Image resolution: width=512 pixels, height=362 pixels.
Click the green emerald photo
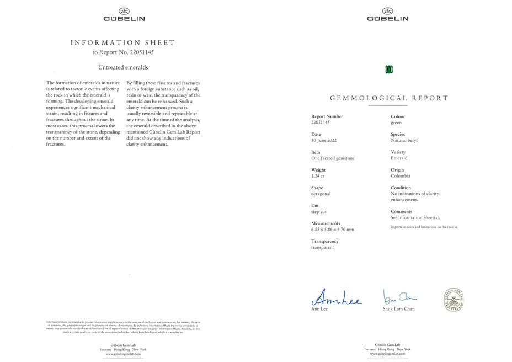[x=389, y=69]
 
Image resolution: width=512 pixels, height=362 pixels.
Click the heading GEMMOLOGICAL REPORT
[x=389, y=98]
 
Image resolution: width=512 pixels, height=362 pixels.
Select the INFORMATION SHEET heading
[x=122, y=42]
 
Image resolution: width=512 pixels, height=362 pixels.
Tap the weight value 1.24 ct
[x=318, y=176]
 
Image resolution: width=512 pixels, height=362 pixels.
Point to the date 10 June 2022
[x=324, y=140]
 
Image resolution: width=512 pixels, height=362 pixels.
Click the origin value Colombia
[x=401, y=176]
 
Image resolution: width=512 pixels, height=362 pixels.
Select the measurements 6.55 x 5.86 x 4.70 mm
[x=333, y=230]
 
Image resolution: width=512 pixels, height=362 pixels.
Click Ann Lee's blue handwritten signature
[x=337, y=299]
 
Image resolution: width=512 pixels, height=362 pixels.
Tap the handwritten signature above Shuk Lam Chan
[x=400, y=297]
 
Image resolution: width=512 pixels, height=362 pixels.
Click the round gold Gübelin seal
[x=454, y=300]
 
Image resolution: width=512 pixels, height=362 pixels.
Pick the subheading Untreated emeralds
[x=123, y=67]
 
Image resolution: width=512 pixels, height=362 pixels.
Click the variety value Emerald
[x=399, y=158]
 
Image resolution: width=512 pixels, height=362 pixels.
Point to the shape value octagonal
[x=321, y=194]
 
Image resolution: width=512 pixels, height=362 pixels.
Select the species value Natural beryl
[x=404, y=140]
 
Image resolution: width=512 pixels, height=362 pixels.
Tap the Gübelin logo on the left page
[x=124, y=15]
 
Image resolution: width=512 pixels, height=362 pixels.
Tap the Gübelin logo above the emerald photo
[x=388, y=15]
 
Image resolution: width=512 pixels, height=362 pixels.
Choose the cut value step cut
[x=319, y=212]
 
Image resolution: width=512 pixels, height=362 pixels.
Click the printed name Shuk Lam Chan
[x=399, y=309]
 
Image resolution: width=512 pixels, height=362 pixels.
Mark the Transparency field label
[x=325, y=241]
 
